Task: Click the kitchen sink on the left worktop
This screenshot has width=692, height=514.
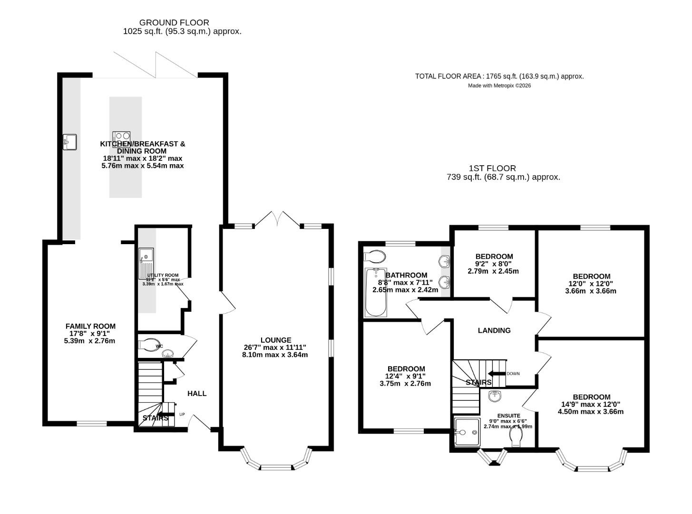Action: coord(70,142)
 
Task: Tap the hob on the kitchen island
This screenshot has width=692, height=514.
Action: coord(121,139)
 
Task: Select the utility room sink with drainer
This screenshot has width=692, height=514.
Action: coord(146,264)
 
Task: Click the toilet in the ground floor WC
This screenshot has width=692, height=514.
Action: coord(150,345)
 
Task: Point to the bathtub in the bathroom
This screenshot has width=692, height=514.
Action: coord(376,293)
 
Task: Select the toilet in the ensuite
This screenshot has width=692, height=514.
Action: coord(516,437)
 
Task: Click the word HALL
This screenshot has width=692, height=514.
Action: coord(197,394)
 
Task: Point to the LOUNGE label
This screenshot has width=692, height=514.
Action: coord(276,340)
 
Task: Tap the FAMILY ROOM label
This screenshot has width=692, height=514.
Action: coord(90,326)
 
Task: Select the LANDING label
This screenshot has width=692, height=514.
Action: coord(494,330)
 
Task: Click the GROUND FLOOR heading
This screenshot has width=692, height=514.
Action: coord(174,22)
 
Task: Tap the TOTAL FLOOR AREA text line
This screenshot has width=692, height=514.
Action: coord(499,76)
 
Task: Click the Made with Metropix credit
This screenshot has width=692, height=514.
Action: coord(499,86)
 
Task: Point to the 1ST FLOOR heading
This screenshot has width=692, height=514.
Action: coord(492,168)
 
